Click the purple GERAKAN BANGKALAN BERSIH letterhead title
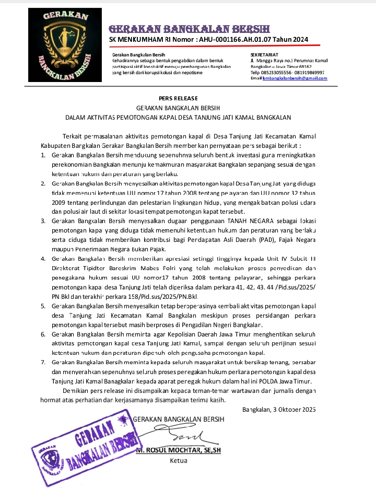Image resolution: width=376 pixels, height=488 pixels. (x=190, y=28)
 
